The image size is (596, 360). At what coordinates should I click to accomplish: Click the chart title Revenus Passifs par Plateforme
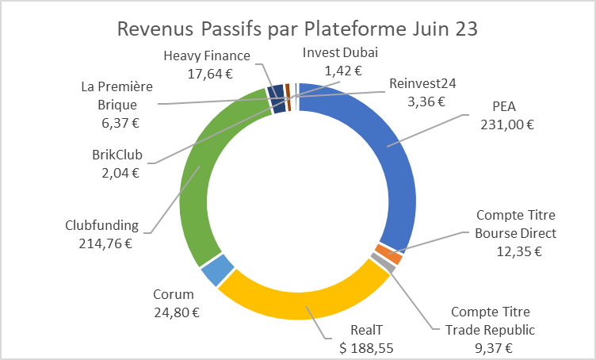[298, 30]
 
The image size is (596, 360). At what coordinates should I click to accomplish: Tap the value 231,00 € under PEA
[506, 124]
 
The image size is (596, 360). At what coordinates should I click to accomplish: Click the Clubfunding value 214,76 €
[101, 242]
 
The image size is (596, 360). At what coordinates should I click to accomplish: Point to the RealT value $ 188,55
[365, 347]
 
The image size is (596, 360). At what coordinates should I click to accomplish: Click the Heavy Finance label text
[207, 56]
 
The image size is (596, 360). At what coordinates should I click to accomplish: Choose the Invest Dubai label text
[341, 52]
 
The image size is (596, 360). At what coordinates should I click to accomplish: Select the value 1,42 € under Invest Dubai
[342, 70]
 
